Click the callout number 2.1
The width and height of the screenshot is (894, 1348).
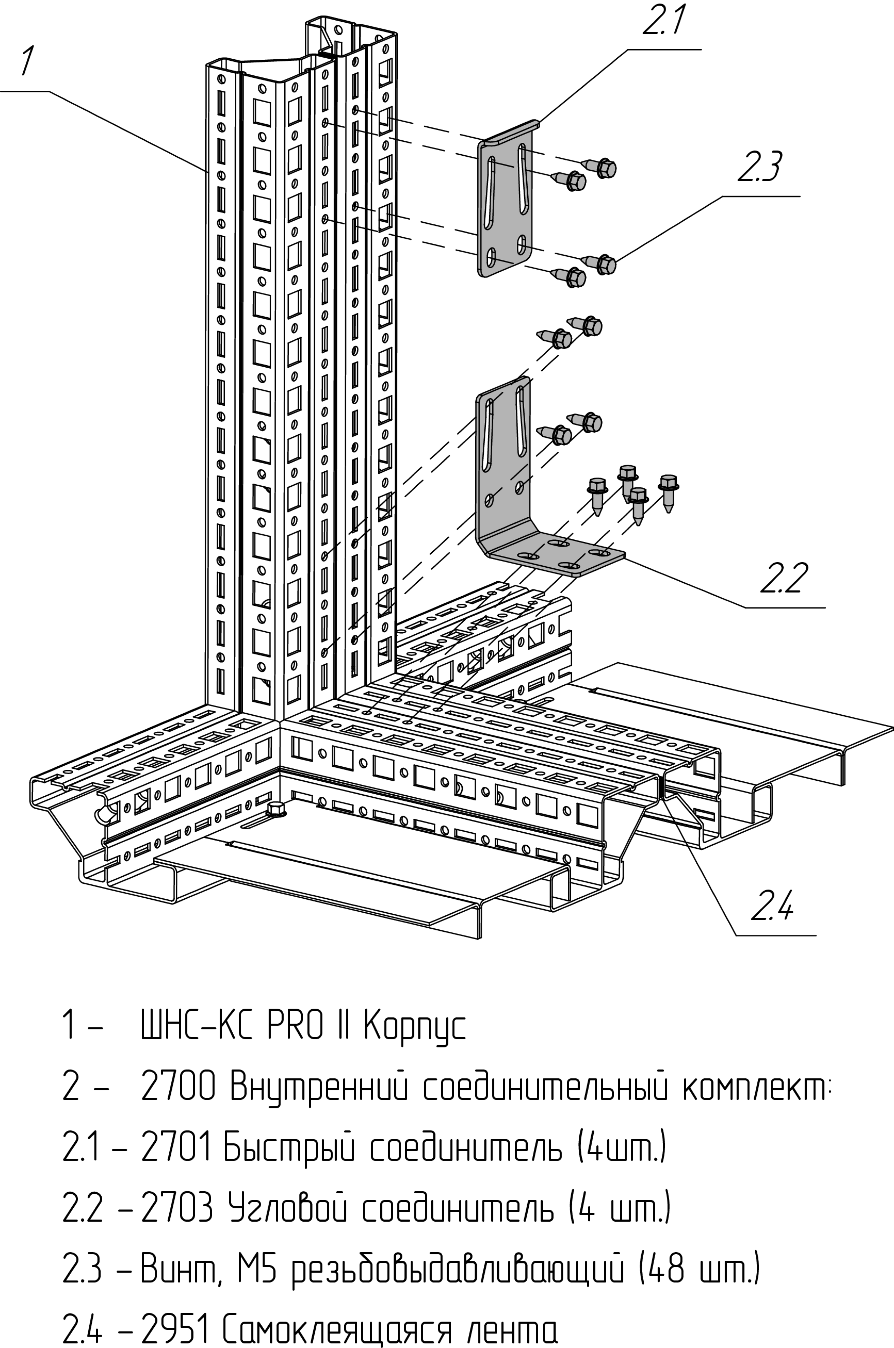tap(664, 22)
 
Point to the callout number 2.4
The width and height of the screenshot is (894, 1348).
tap(771, 906)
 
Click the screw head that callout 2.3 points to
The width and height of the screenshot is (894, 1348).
tap(606, 265)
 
